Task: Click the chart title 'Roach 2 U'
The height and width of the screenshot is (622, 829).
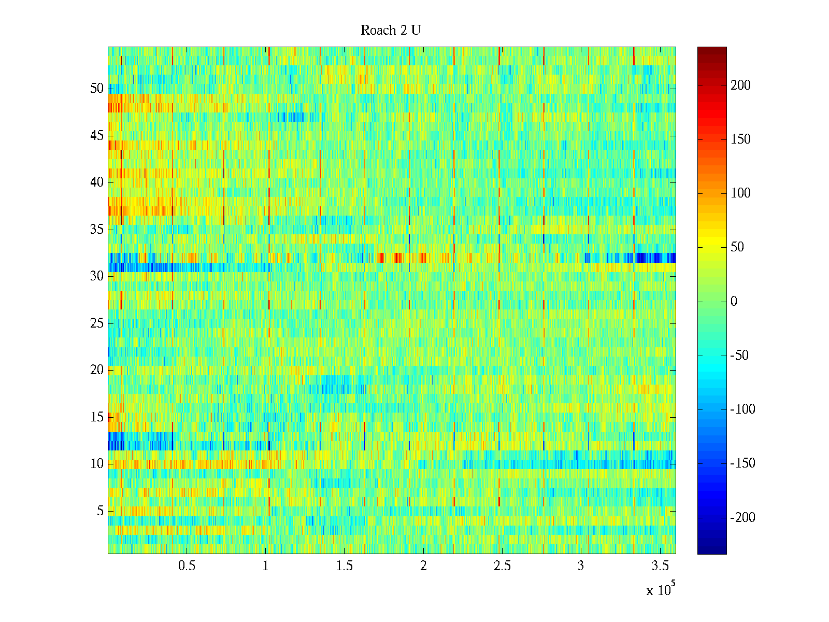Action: tap(391, 31)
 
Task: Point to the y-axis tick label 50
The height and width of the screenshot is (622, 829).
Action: tap(97, 89)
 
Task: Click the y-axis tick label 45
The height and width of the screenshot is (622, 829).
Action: tap(97, 136)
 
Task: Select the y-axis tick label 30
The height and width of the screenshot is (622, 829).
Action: tap(97, 276)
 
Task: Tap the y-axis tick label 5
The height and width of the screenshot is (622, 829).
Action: tap(100, 511)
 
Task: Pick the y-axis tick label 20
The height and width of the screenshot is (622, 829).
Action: tap(97, 370)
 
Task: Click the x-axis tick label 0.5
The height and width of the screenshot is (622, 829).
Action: tap(187, 566)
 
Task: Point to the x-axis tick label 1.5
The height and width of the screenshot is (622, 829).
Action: tap(345, 566)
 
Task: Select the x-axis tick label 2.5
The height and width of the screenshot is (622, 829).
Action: tap(502, 566)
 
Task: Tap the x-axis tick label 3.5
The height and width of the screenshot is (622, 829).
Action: tap(660, 566)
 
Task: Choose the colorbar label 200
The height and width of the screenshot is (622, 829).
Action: tap(740, 86)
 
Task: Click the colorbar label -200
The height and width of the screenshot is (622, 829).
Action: tap(742, 517)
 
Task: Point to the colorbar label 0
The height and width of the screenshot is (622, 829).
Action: tap(734, 302)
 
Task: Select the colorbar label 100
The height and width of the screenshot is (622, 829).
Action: tap(740, 193)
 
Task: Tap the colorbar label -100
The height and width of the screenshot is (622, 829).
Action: tap(742, 409)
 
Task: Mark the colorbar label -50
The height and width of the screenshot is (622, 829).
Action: tap(739, 356)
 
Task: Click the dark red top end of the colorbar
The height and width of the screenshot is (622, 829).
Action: tap(712, 50)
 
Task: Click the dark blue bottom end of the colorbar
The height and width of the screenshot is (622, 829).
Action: tap(712, 551)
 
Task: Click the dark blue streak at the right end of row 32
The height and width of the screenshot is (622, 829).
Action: tap(655, 258)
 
